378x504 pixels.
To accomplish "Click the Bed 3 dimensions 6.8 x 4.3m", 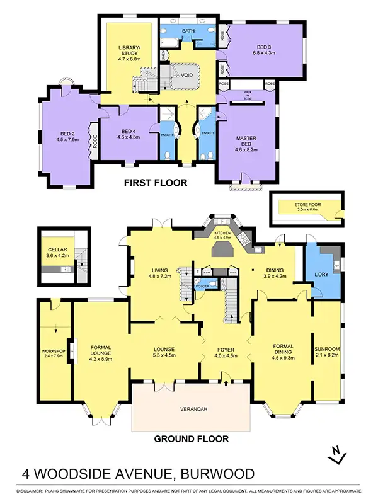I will [261, 52].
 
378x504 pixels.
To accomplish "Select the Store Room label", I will [308, 205].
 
